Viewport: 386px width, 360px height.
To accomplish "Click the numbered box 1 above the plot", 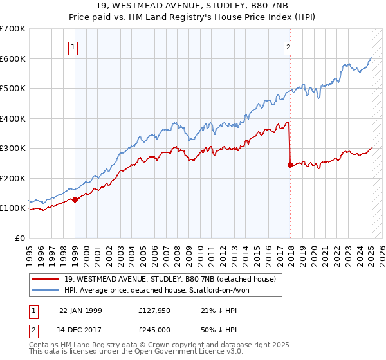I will pos(73,46).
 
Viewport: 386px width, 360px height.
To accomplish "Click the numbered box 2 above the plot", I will pos(289,46).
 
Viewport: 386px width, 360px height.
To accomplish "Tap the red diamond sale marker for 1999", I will pos(75,199).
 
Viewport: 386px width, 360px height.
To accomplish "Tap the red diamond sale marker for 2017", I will pos(290,165).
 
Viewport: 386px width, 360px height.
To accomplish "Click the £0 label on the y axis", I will pos(20,238).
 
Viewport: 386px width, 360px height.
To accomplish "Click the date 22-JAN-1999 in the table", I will pos(80,310).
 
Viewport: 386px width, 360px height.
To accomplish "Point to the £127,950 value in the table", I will pos(154,310).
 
